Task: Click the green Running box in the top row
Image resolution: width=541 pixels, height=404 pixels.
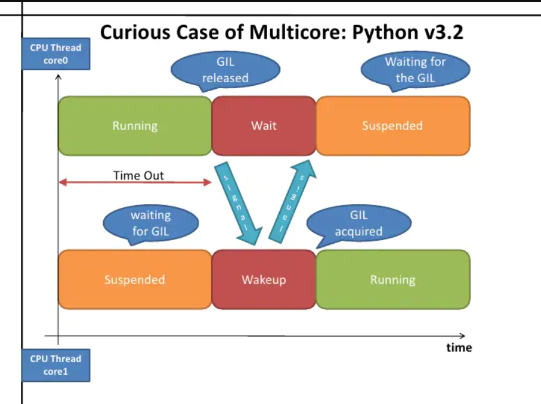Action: (x=135, y=126)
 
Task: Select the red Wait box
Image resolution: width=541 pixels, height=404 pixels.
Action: (x=264, y=126)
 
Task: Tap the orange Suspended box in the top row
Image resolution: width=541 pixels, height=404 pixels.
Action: (x=393, y=126)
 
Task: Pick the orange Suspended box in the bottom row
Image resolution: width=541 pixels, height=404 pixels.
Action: (x=135, y=279)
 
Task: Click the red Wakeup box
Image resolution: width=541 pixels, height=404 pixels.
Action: (x=264, y=279)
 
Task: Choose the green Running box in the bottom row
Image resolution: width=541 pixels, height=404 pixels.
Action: (x=393, y=279)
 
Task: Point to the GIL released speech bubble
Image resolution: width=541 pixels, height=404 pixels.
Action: (x=225, y=70)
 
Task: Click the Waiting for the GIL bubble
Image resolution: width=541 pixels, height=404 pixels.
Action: (x=415, y=70)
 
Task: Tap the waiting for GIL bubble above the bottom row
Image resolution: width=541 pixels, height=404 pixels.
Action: (x=151, y=223)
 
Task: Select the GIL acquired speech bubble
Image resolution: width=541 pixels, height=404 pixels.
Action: (x=359, y=223)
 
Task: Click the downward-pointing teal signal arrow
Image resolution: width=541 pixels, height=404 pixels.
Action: (x=238, y=203)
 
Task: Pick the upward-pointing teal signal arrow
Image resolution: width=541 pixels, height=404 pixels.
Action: (x=292, y=201)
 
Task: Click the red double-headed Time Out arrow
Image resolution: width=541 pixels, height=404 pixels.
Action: (x=135, y=182)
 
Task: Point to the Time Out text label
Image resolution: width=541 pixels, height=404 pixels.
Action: (x=138, y=175)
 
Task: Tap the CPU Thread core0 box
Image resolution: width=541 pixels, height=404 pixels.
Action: (x=56, y=54)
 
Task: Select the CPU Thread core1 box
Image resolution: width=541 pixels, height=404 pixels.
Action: (x=56, y=365)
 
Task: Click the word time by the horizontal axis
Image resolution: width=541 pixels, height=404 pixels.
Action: (x=459, y=347)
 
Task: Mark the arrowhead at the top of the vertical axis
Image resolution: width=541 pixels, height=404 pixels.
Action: (x=58, y=75)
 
